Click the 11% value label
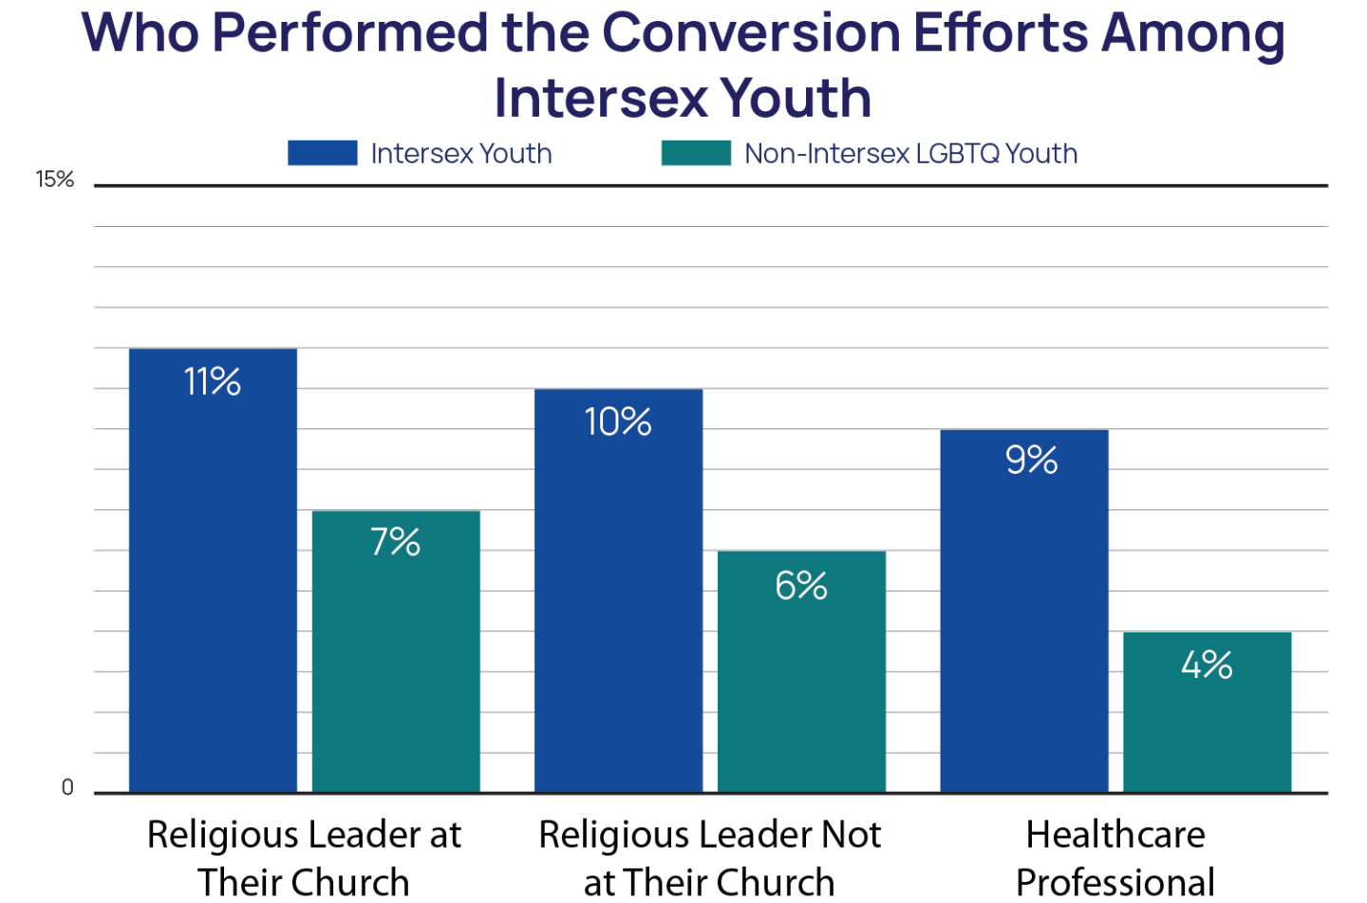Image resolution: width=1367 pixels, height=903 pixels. tap(213, 382)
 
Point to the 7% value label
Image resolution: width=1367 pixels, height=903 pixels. tap(396, 542)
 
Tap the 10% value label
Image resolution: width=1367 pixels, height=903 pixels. tap(618, 422)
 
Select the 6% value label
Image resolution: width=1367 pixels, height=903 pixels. tap(801, 586)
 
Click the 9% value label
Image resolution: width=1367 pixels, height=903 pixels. tap(1031, 461)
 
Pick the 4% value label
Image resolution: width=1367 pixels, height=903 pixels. tap(1207, 665)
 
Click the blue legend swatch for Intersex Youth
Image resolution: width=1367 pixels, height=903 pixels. tap(323, 153)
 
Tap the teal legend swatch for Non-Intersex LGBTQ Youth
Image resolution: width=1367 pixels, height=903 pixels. tap(696, 153)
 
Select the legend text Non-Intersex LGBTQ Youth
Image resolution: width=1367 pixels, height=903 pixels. tap(910, 153)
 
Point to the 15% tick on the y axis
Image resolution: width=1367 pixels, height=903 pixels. tap(55, 179)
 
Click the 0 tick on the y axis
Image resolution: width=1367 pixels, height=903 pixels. tap(67, 787)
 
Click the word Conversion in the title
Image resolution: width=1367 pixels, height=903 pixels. tap(750, 33)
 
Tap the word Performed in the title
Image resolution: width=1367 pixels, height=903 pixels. tap(349, 33)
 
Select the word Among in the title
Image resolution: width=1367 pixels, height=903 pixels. tap(1192, 33)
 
